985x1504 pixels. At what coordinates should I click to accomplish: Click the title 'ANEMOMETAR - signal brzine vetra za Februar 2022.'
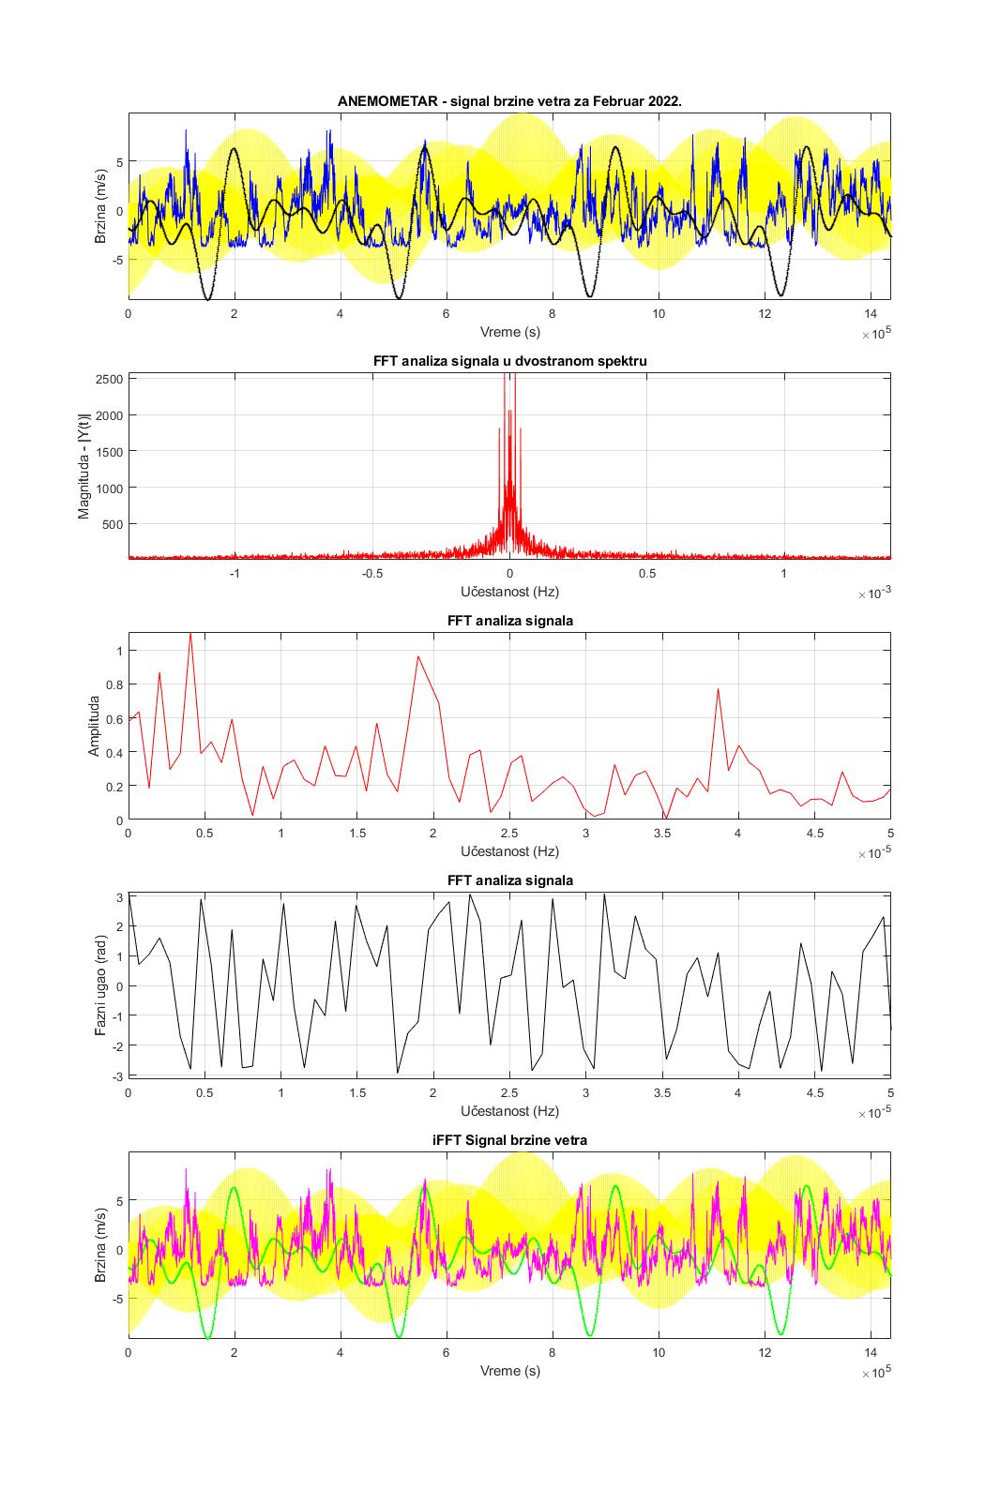509,100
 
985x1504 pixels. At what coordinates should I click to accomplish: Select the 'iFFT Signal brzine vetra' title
509,1140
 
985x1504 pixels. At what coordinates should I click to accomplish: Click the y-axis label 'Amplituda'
94,726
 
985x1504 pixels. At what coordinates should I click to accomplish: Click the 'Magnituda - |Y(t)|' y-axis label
83,466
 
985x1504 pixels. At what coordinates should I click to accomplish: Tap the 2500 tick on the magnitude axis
110,379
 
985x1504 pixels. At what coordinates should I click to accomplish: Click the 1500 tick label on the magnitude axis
110,451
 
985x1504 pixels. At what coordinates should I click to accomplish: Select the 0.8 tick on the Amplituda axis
113,684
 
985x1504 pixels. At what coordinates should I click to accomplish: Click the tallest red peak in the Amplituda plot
190,634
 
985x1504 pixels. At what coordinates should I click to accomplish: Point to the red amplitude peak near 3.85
718,689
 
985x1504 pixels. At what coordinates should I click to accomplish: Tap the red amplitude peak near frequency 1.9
418,656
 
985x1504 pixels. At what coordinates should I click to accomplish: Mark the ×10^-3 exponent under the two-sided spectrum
873,594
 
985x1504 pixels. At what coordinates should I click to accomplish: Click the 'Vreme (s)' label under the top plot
509,332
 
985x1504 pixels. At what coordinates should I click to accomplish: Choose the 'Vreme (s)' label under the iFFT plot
509,1371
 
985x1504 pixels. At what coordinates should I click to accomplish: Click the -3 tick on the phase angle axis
117,1075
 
